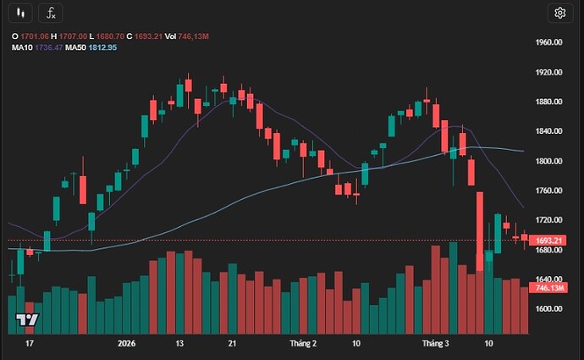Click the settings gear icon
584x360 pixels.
tap(559, 13)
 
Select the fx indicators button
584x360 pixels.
tap(51, 13)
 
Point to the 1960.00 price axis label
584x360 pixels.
tap(549, 42)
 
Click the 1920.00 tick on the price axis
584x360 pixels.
tap(549, 72)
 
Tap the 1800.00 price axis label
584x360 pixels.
tap(549, 161)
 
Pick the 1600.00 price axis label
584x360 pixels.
tap(549, 308)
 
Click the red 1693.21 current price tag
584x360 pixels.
tap(549, 241)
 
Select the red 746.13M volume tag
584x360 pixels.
tap(549, 288)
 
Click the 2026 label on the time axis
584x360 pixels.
tap(126, 344)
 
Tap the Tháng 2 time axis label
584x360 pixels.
tap(302, 344)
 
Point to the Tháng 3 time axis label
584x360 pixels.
tap(435, 344)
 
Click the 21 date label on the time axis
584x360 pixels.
tap(234, 344)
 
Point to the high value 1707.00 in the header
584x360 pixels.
tap(75, 36)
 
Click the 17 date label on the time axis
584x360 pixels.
tap(30, 344)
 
